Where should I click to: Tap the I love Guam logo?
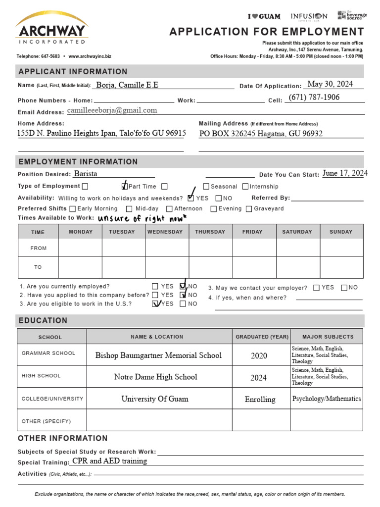(264, 16)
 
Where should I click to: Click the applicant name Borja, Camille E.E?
(127, 85)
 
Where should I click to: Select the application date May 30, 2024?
(330, 84)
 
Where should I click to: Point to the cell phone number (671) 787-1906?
(314, 98)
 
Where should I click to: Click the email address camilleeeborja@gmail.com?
(112, 110)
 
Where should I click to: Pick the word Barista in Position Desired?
(86, 174)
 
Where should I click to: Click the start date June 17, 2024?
(345, 173)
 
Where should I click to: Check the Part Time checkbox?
(124, 187)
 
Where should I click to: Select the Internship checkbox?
(245, 187)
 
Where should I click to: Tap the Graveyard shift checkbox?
(249, 209)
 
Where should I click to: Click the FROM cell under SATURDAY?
(297, 248)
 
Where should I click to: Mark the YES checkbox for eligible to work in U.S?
(155, 304)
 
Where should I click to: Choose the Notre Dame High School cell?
(155, 377)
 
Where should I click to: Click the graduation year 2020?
(258, 355)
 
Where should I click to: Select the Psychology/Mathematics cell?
(327, 399)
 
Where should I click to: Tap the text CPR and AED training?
(109, 461)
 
